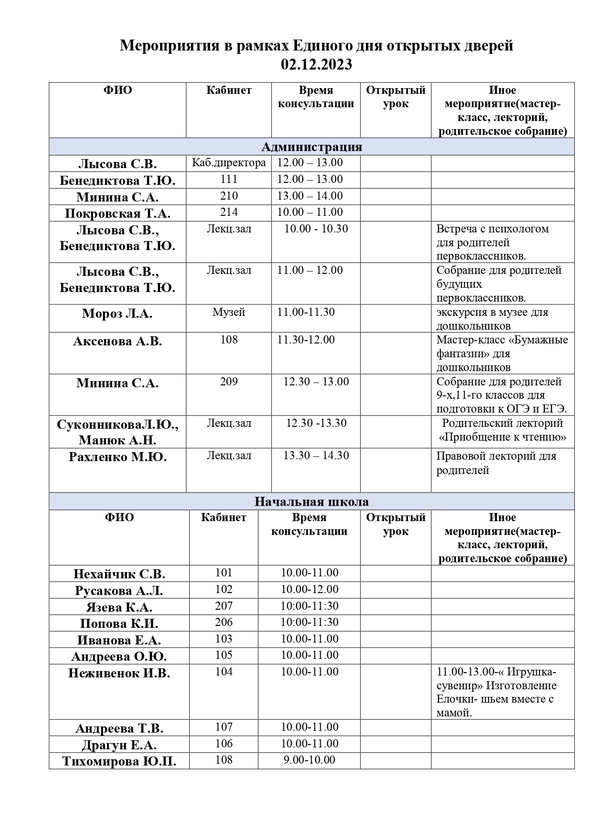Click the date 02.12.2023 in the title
[x=316, y=64]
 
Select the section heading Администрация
[x=312, y=147]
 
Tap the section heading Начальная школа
[x=311, y=502]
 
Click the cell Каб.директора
[x=229, y=163]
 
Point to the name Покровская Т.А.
[x=117, y=213]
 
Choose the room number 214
[x=229, y=212]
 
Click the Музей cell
[x=229, y=312]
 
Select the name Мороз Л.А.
[x=117, y=313]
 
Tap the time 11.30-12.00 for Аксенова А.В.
[x=306, y=340]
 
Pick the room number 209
[x=229, y=382]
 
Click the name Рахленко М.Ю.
[x=117, y=457]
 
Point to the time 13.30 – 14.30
[x=316, y=456]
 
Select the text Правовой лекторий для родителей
[x=496, y=463]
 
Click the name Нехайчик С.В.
[x=119, y=574]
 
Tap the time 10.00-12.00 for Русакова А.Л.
[x=309, y=590]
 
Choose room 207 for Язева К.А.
[x=224, y=606]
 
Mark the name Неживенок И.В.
[x=119, y=674]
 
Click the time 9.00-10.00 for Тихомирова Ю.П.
[x=309, y=760]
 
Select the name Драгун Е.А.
[x=119, y=745]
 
